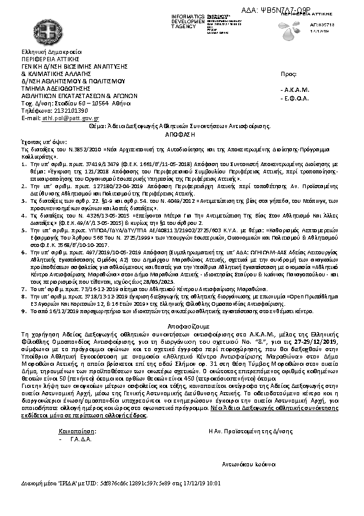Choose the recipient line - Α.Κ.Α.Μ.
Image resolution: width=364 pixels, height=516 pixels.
pos(294,89)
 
